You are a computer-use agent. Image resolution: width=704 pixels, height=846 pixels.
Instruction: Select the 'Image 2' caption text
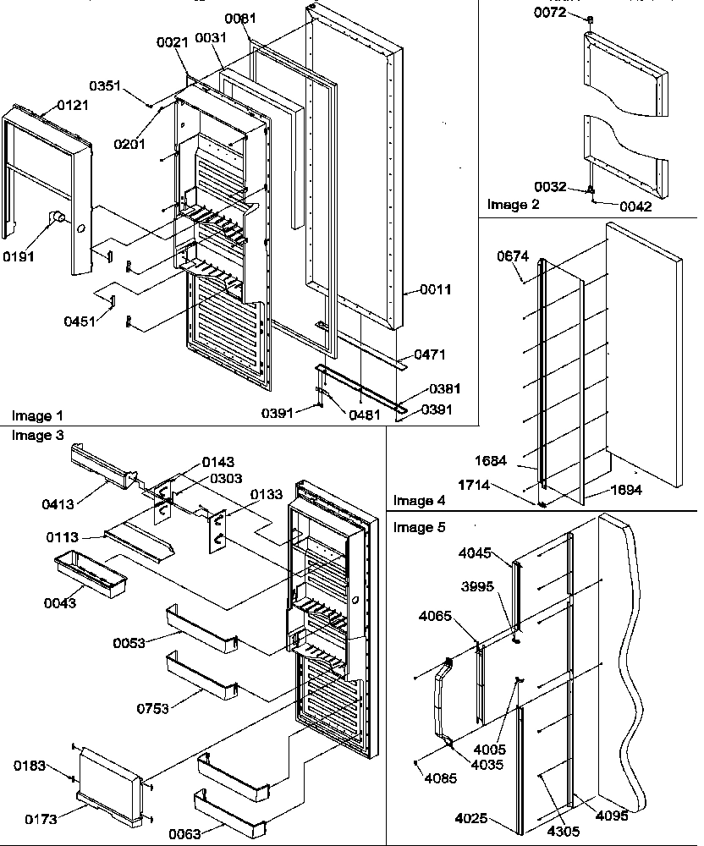[x=513, y=205]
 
